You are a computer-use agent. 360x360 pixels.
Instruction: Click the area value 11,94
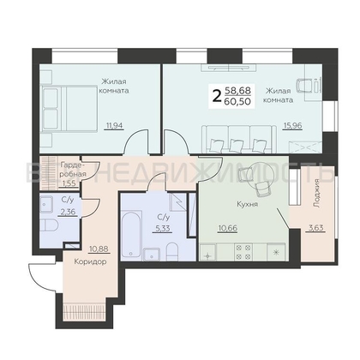click(x=114, y=125)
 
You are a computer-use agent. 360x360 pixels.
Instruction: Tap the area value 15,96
click(x=292, y=125)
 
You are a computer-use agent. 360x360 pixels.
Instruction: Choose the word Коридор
click(x=90, y=261)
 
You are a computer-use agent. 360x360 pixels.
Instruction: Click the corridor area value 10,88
click(x=99, y=249)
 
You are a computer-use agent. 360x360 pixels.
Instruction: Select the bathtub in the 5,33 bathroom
click(x=131, y=234)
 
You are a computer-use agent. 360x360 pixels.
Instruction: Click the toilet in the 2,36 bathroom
click(x=49, y=225)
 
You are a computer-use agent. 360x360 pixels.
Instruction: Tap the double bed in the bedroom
click(x=69, y=108)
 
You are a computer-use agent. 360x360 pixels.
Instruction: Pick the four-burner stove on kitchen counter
click(x=243, y=251)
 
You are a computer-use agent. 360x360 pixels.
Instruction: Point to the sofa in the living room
click(x=239, y=140)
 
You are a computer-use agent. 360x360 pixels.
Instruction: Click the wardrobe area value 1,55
click(x=69, y=183)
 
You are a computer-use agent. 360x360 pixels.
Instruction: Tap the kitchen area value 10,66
click(x=227, y=228)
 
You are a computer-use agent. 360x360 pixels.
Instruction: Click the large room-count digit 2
click(x=217, y=96)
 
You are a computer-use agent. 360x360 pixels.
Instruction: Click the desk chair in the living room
click(x=303, y=86)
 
